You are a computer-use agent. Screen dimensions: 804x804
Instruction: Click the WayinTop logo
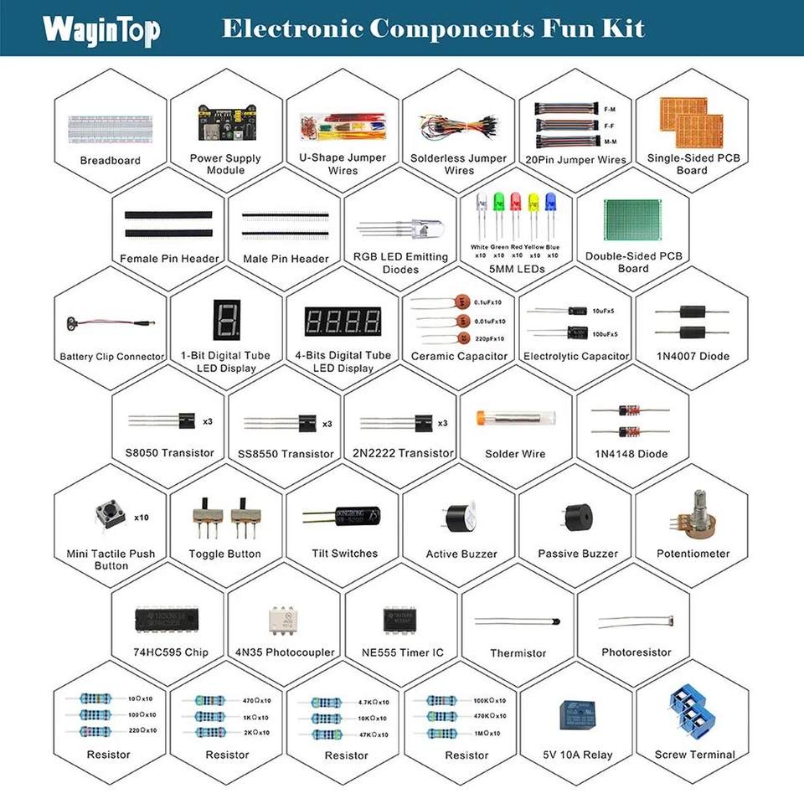101,30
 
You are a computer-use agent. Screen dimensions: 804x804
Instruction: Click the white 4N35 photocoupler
284,620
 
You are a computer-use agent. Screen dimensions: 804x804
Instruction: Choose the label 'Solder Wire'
515,454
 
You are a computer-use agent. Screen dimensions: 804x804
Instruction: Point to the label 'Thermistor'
518,652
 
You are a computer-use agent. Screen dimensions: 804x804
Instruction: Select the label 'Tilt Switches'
343,554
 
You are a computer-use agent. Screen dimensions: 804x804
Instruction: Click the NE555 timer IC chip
401,621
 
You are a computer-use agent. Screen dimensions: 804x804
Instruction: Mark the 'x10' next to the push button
142,518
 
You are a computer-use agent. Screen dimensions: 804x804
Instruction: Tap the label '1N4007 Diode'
692,356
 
